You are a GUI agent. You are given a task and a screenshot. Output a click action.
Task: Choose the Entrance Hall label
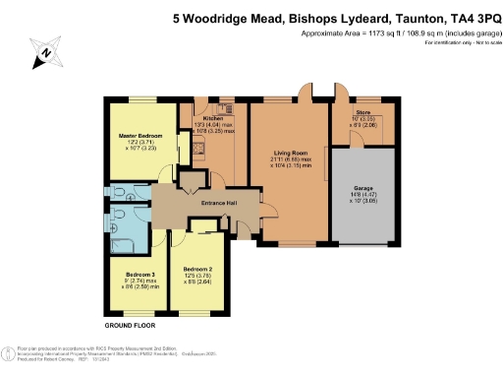click(219, 204)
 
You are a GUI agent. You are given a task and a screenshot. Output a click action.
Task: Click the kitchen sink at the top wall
click(224, 106)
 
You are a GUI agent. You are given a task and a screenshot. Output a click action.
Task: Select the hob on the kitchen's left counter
click(197, 148)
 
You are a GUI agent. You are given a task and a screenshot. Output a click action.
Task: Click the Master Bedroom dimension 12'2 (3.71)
click(136, 143)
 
